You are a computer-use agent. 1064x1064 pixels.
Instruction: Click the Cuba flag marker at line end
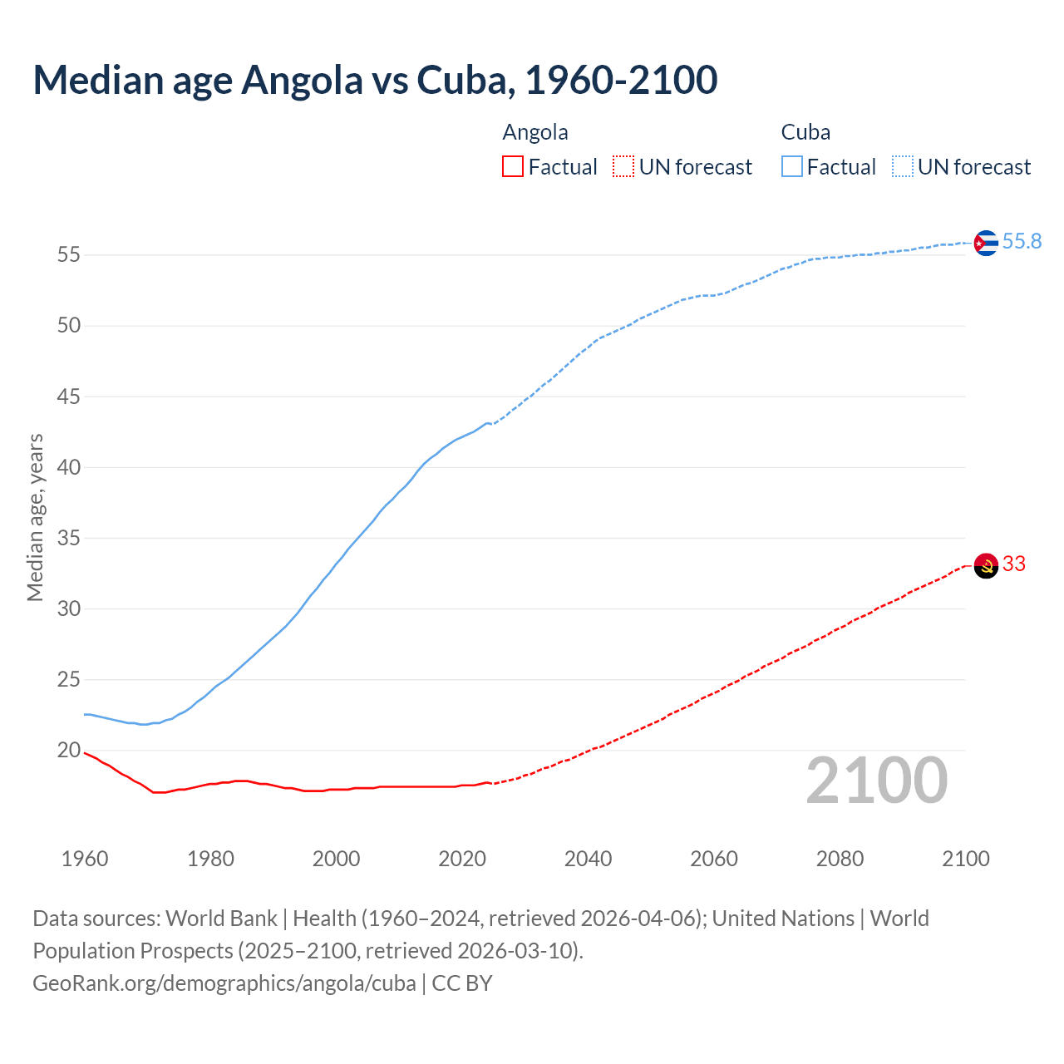point(985,243)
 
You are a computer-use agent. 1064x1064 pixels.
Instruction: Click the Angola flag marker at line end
point(985,566)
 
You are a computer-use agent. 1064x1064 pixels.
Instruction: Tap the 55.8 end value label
point(1022,242)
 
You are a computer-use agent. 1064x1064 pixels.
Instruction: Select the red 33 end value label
point(1014,564)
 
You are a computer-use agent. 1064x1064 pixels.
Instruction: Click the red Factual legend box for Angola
point(513,167)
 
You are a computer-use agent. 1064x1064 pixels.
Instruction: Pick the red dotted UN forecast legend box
point(623,167)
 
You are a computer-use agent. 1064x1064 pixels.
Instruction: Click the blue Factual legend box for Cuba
point(791,167)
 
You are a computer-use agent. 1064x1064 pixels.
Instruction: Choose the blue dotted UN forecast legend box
point(902,167)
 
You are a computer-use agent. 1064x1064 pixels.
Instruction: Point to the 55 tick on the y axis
point(69,255)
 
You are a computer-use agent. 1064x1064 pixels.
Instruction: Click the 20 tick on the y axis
point(69,751)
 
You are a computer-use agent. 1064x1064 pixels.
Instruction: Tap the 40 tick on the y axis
point(69,467)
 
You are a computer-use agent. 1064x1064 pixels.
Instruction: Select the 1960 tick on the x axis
point(85,859)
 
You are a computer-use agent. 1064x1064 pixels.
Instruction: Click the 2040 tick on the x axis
point(588,859)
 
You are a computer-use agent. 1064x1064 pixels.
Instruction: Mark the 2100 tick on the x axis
point(965,859)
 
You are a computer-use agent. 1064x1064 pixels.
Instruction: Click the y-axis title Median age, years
point(35,517)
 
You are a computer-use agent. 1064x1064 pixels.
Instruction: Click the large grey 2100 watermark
point(876,781)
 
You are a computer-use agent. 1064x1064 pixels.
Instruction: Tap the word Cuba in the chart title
point(461,80)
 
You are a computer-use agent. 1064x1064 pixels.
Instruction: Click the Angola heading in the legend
point(535,132)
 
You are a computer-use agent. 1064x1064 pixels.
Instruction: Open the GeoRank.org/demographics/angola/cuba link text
point(224,983)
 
